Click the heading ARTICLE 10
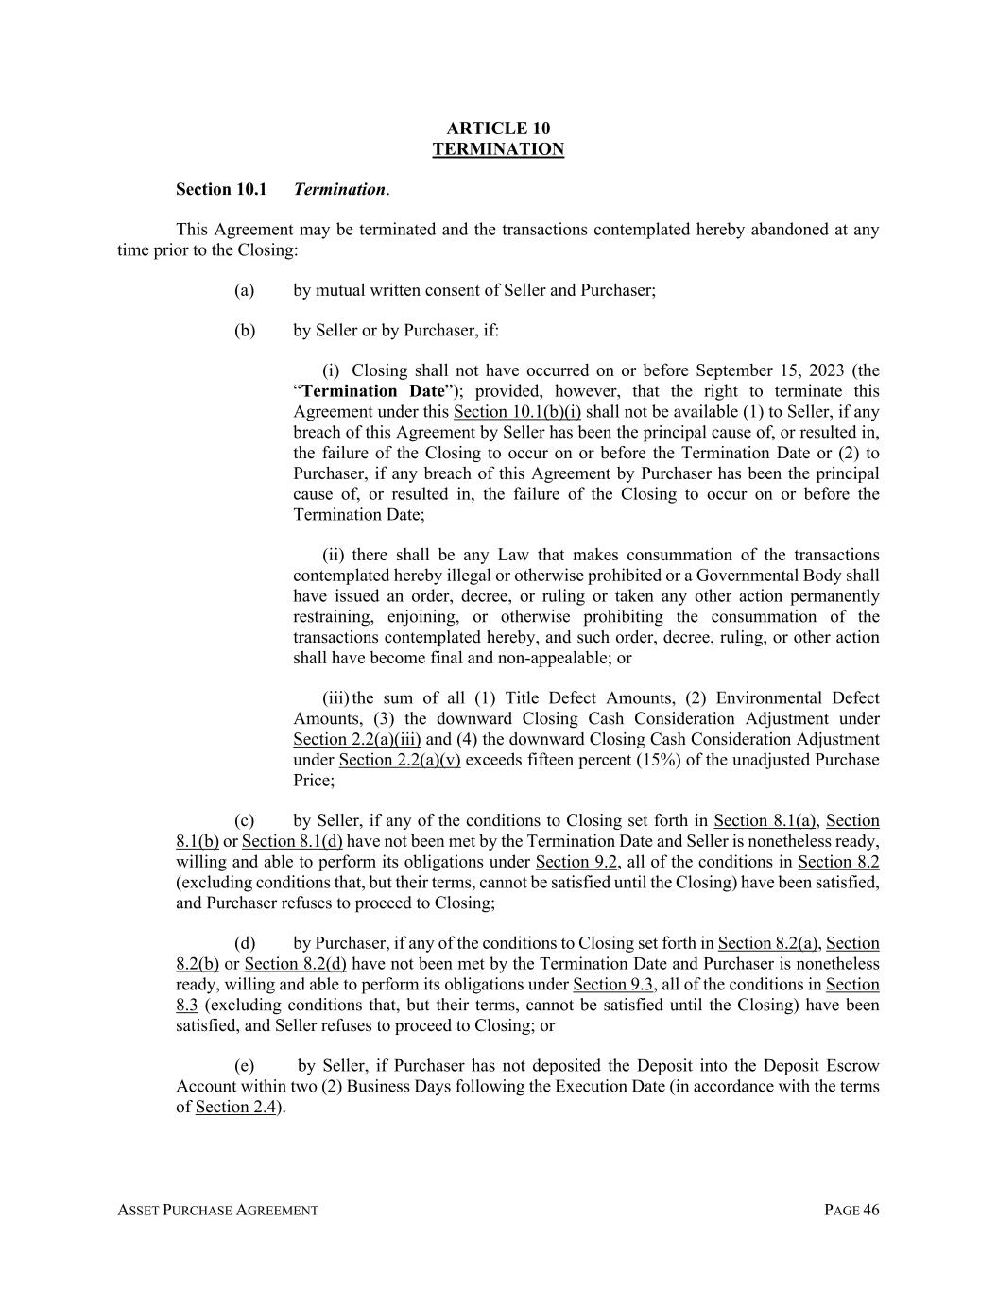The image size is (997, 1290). point(498,129)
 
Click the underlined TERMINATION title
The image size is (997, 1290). point(498,149)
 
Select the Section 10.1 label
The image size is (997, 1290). point(221,189)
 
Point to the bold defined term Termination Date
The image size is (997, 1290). point(373,391)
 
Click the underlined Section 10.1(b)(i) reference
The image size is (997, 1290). point(517,412)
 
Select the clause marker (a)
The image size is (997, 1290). point(245,290)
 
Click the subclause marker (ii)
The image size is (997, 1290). point(335,555)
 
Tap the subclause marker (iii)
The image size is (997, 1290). point(335,698)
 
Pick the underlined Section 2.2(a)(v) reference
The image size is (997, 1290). point(400,760)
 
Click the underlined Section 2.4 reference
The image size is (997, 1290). point(235,1107)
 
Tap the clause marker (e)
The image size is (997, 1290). point(245,1066)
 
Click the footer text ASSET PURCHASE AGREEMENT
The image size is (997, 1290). point(217,1211)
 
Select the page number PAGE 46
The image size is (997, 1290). point(851,1211)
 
